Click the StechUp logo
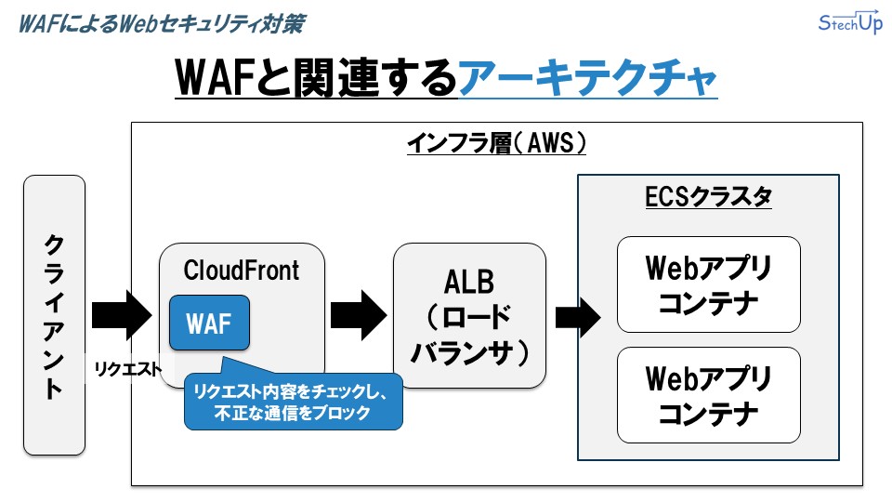(x=850, y=24)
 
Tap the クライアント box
(x=54, y=315)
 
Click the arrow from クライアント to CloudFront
(x=121, y=315)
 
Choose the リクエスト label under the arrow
(x=127, y=369)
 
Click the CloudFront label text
(x=242, y=271)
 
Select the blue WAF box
(x=208, y=323)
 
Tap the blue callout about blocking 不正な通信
(x=293, y=401)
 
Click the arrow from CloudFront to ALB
(x=359, y=315)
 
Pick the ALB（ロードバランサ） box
(x=468, y=315)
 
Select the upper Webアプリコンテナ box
(x=708, y=284)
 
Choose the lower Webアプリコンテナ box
(x=708, y=395)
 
